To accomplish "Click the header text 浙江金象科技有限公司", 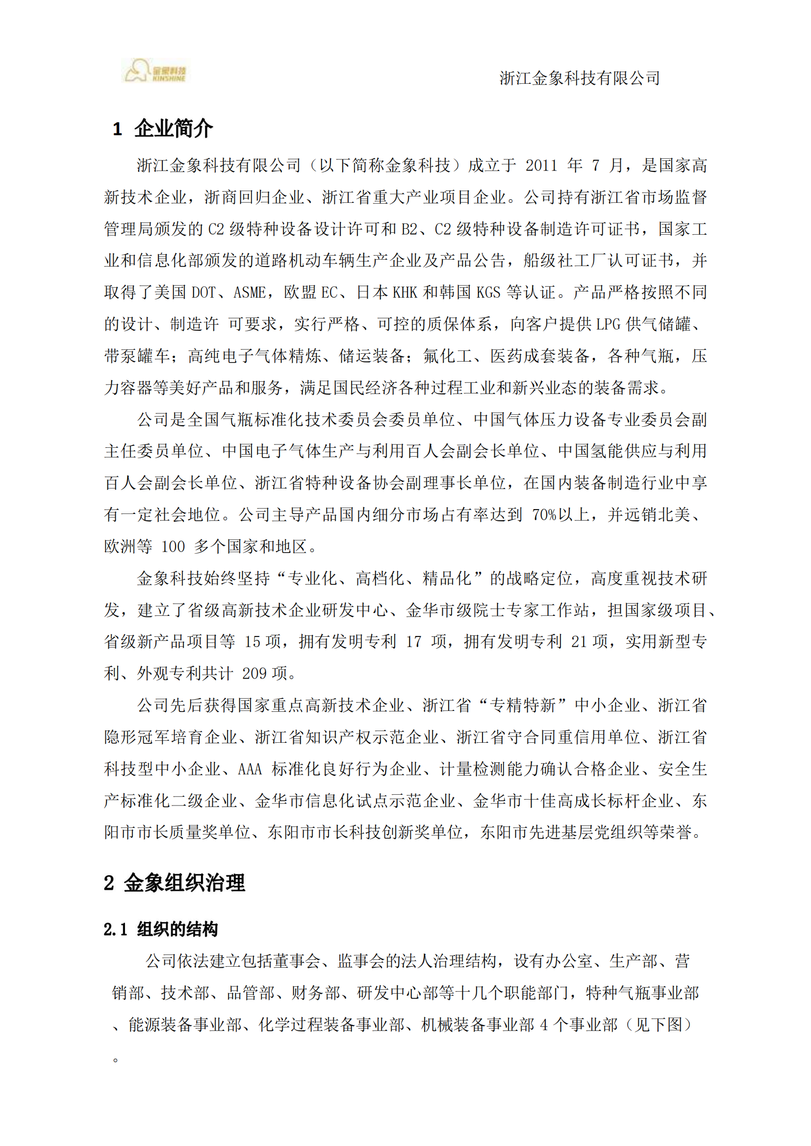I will click(579, 78).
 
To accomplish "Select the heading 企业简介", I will click(173, 129).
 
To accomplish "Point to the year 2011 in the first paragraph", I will click(541, 166).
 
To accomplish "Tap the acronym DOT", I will click(204, 293).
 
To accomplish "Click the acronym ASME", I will click(249, 293).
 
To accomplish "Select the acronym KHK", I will click(405, 293).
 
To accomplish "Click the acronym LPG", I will click(608, 324).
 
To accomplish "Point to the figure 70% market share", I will click(544, 514).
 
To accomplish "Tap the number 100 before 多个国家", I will click(173, 547).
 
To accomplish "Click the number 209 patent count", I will click(254, 674).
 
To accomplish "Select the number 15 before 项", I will click(252, 642).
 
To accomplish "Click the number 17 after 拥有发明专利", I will click(413, 642).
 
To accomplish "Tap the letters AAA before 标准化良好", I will click(250, 769).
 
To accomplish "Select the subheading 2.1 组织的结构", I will click(161, 929).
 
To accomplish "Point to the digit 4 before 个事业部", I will click(544, 1024).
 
